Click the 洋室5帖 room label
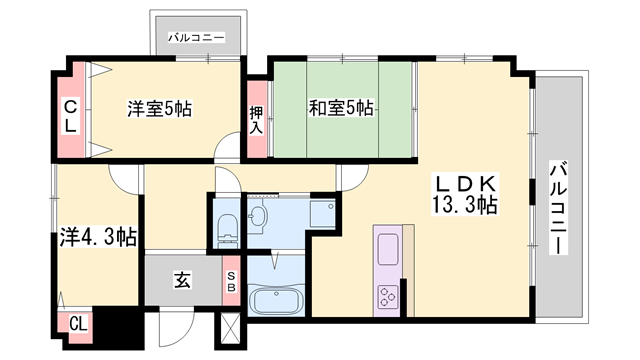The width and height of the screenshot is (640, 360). point(160,108)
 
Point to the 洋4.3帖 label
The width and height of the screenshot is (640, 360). point(96,237)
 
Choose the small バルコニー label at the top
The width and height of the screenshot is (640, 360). point(196,38)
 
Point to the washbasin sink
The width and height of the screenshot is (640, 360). point(261,214)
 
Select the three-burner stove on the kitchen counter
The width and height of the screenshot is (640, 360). point(387,295)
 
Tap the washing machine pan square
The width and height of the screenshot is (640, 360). point(322,212)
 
